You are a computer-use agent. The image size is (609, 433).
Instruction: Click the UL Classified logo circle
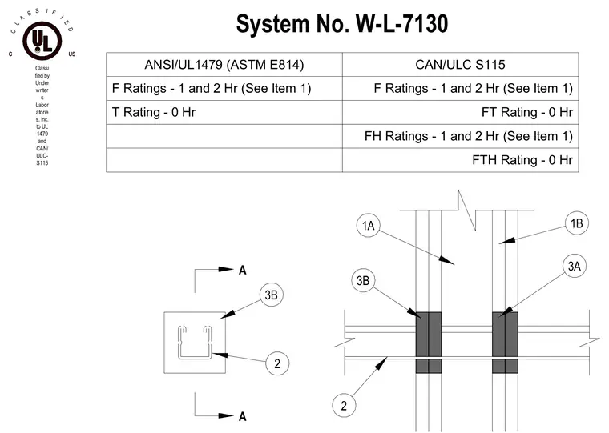click(x=42, y=41)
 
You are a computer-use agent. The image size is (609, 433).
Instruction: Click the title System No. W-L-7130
click(x=342, y=24)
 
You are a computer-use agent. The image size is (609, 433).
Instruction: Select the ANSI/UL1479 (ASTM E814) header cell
click(x=224, y=64)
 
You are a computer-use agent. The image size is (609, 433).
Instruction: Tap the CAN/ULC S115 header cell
click(x=460, y=64)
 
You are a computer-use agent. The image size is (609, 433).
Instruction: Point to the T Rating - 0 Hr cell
click(x=224, y=113)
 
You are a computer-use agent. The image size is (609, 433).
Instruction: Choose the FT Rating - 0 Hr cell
click(x=460, y=113)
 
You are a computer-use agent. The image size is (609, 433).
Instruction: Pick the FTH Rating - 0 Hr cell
click(x=460, y=160)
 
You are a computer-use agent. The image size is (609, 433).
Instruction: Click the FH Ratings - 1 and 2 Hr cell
click(x=460, y=136)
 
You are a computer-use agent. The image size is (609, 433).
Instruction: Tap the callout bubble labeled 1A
click(x=368, y=225)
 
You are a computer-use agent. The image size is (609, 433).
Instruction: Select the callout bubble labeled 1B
click(x=577, y=223)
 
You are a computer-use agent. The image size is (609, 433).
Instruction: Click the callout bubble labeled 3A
click(x=575, y=267)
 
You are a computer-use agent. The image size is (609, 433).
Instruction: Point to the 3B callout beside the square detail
click(x=271, y=295)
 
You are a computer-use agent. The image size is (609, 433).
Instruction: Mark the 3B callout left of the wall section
click(x=363, y=280)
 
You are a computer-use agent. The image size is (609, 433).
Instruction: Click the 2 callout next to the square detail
click(x=277, y=363)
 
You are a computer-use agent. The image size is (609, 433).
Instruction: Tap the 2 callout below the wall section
click(x=344, y=406)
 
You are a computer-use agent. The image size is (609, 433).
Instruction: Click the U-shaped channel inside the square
click(x=195, y=357)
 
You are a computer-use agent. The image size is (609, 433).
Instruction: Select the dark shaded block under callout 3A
click(x=505, y=343)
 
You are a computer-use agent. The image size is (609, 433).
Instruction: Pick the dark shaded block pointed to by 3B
click(x=429, y=343)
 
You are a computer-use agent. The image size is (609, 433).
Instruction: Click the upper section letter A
click(x=242, y=270)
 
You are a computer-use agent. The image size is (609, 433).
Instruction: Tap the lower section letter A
click(x=242, y=417)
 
